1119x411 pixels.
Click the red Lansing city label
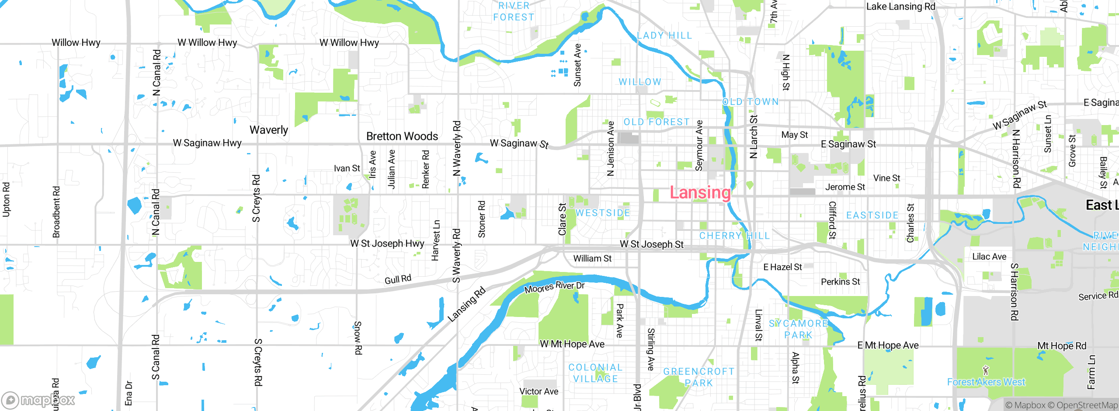point(700,193)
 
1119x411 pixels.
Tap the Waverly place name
point(269,130)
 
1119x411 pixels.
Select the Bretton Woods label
point(402,136)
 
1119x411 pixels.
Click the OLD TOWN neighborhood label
point(750,102)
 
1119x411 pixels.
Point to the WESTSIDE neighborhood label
point(603,213)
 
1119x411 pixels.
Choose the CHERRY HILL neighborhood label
point(734,236)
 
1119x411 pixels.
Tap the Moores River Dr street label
point(554,287)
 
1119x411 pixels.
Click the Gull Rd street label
point(398,279)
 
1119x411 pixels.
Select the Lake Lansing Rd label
point(900,7)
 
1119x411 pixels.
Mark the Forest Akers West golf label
point(986,382)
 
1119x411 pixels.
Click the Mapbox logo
point(38,400)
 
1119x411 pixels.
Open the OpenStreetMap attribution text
point(1087,405)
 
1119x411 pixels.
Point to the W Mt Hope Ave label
point(572,344)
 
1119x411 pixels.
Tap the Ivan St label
point(347,168)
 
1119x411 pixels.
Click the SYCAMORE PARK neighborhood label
point(798,329)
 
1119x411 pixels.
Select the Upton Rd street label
point(6,199)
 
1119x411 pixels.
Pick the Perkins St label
point(840,282)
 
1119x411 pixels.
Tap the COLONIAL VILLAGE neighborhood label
point(595,373)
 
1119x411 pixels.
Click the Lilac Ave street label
point(989,257)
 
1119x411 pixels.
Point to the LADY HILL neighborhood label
point(664,35)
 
